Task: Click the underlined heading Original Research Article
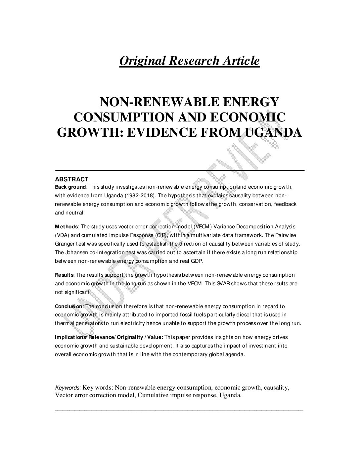coord(189,61)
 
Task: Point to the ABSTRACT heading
coord(71,179)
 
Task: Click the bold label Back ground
coord(70,187)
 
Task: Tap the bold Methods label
coord(66,227)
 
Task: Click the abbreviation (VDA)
coord(62,235)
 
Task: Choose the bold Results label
coord(65,275)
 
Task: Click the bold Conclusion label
coord(69,306)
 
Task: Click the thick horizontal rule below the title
coord(180,170)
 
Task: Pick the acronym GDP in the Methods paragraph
coord(198,261)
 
